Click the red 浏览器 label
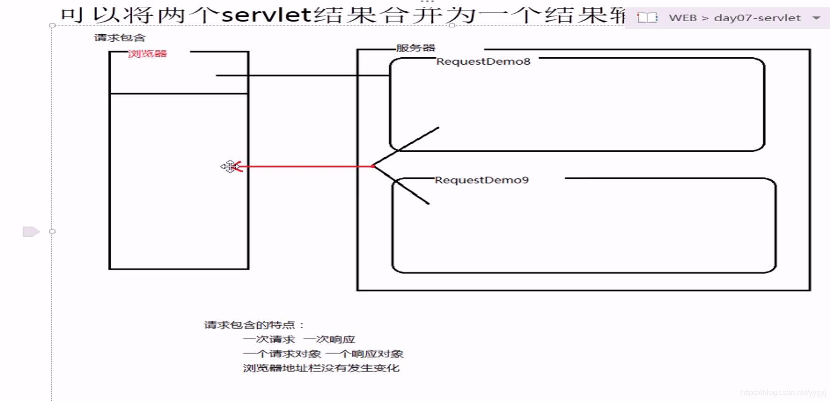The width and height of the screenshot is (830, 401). (147, 53)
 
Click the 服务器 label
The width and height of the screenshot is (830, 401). (415, 48)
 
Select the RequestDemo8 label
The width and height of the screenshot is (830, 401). (483, 61)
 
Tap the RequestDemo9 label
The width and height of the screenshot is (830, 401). (482, 180)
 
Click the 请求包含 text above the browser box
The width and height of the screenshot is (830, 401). (120, 38)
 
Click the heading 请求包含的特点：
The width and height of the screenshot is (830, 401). (254, 325)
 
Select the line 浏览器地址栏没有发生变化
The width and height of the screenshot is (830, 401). (321, 368)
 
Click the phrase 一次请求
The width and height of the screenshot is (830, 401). (269, 339)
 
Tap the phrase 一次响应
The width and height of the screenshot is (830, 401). (329, 339)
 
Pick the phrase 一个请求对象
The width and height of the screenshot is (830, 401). (282, 354)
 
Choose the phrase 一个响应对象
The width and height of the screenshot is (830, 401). (364, 354)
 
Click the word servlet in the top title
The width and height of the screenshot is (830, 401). (266, 15)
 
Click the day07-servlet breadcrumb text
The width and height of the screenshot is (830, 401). (757, 18)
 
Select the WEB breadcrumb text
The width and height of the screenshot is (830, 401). (683, 18)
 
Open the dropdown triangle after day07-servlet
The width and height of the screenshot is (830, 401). (816, 18)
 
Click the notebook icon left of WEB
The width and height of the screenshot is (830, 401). (647, 18)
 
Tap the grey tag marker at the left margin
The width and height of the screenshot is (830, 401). (31, 232)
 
